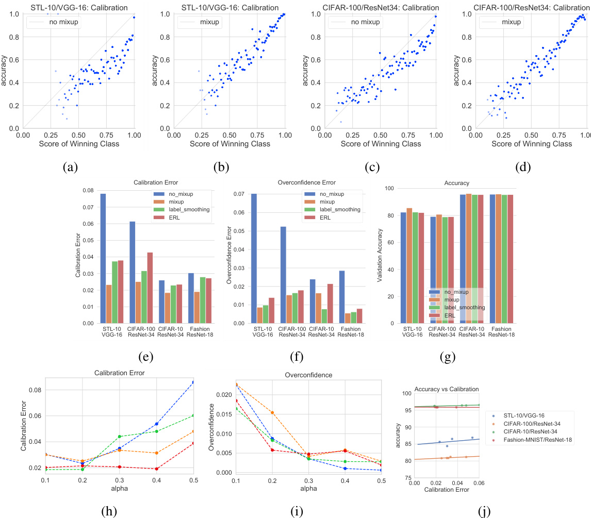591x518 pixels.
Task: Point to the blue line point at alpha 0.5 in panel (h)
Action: pyautogui.click(x=193, y=382)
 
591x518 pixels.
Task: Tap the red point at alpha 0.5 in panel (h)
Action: pyautogui.click(x=193, y=443)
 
